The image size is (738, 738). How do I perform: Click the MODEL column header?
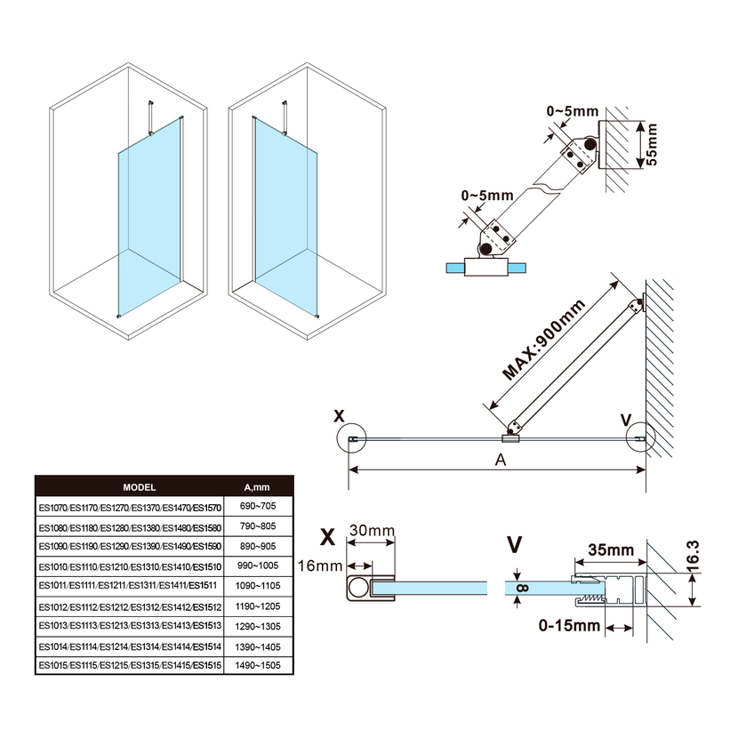(139, 487)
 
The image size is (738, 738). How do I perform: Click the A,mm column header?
(256, 487)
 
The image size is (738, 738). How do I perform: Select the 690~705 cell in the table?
(256, 505)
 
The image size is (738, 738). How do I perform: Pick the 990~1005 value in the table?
(256, 565)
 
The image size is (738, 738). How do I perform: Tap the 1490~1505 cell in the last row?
(256, 664)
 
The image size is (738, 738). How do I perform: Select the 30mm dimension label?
(372, 531)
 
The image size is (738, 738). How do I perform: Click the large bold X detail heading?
(327, 538)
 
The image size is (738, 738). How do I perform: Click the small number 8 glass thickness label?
(522, 587)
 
